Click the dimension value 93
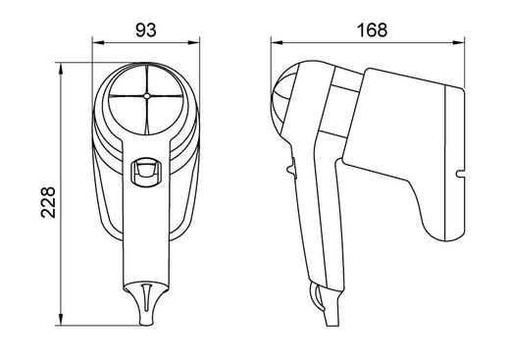pos(146,30)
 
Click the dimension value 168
pos(372,30)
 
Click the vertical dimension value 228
pos(48,202)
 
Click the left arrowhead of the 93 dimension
pos(98,42)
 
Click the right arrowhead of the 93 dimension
pos(193,42)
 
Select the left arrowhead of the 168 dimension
pos(277,42)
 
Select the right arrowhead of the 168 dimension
pos(458,42)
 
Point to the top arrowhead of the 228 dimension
pos(61,69)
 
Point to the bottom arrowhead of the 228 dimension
pos(61,320)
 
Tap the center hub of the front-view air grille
pos(146,96)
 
